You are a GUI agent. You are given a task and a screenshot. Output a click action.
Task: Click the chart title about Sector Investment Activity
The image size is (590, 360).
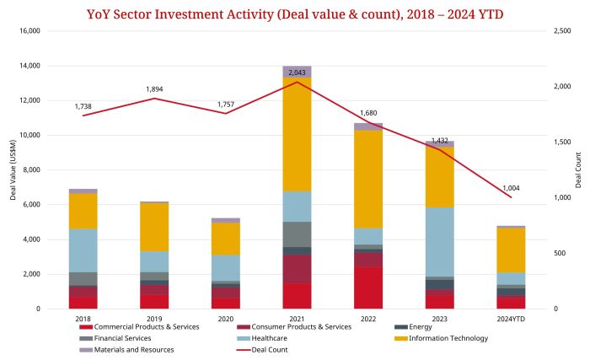coord(295,14)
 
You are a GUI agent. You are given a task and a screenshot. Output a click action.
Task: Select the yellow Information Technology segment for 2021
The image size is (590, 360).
coord(297,134)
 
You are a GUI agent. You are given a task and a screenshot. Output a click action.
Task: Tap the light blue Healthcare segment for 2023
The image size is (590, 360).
coord(439,241)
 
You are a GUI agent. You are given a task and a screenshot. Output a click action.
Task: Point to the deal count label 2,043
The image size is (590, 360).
coord(297,73)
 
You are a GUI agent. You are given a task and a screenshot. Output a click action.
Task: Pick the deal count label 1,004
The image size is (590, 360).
coord(512,188)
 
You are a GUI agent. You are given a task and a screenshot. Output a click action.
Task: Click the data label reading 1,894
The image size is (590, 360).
coord(154,89)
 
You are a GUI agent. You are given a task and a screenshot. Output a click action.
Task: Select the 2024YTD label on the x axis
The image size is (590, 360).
coord(511,319)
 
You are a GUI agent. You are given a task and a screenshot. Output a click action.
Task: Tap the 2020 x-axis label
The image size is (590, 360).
coord(225,319)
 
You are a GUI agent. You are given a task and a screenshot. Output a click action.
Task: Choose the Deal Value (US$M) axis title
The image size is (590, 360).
coord(13,169)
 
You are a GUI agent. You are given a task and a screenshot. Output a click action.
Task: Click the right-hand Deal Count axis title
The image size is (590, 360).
coord(578,169)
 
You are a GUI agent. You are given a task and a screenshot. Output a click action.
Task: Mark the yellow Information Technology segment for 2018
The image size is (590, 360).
coord(83,211)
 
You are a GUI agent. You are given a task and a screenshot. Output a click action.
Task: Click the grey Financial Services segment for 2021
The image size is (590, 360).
coord(297,234)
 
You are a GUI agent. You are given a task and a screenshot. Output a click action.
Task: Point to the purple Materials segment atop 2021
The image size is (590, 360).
coord(297,72)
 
